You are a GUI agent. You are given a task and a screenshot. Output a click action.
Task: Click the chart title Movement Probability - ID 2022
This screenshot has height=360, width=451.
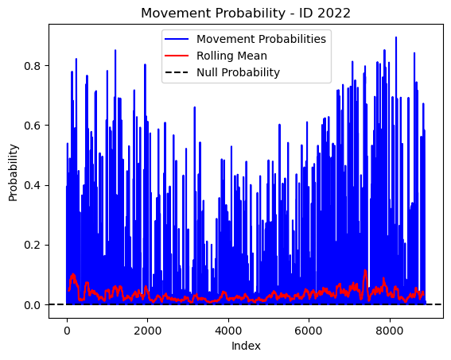(x=246, y=14)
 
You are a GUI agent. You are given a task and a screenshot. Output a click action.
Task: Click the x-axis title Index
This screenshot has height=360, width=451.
(x=246, y=346)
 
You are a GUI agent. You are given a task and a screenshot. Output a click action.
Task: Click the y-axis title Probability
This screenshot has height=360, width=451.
(x=14, y=173)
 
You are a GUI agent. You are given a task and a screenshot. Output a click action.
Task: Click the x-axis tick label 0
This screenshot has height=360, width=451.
(x=67, y=331)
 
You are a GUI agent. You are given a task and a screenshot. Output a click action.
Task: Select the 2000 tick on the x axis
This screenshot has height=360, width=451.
(x=148, y=331)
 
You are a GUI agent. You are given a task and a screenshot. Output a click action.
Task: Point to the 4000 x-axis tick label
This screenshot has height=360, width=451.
(x=228, y=331)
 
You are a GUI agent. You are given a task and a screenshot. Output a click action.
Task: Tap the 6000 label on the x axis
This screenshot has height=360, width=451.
(x=309, y=331)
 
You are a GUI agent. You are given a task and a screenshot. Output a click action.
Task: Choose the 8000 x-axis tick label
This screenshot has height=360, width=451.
(x=390, y=331)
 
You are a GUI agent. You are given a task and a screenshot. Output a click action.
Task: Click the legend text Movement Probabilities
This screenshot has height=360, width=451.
(x=261, y=39)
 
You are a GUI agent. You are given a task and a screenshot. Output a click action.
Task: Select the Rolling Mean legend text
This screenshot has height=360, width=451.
(x=231, y=56)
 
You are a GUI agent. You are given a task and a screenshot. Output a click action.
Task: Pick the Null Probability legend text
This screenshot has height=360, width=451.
(x=238, y=72)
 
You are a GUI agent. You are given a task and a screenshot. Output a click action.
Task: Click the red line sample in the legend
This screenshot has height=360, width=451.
(x=177, y=56)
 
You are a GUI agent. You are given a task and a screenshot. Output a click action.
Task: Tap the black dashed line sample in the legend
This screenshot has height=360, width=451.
(x=177, y=72)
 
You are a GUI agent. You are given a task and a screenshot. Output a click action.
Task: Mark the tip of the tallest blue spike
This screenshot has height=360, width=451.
(x=396, y=37)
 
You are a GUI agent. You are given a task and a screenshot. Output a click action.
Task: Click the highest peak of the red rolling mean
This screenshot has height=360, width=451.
(x=365, y=270)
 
